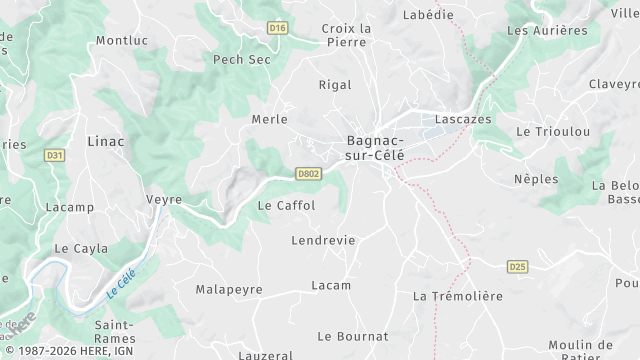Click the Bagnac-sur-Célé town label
(x=377, y=149)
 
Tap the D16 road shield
(x=278, y=29)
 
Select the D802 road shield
(x=308, y=174)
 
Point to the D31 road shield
(x=55, y=155)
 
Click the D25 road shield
(x=517, y=266)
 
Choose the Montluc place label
(x=121, y=41)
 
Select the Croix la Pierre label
(x=346, y=35)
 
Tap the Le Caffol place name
(x=286, y=205)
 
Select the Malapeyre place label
(x=229, y=289)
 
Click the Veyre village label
(x=164, y=200)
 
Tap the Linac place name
(x=106, y=141)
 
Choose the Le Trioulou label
(x=553, y=132)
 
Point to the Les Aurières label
(x=547, y=30)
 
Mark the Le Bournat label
(x=352, y=336)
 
